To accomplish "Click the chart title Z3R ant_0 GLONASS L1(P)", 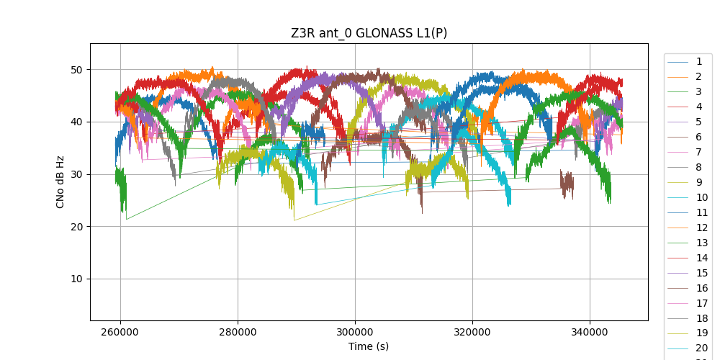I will [369, 33].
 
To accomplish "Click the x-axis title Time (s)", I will [369, 346].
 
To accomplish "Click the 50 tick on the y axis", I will [76, 70].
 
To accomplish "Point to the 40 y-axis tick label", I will [76, 122].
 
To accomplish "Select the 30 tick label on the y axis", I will [76, 174].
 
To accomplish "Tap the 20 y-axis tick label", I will [76, 227].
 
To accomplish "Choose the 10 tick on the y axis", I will [76, 279].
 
